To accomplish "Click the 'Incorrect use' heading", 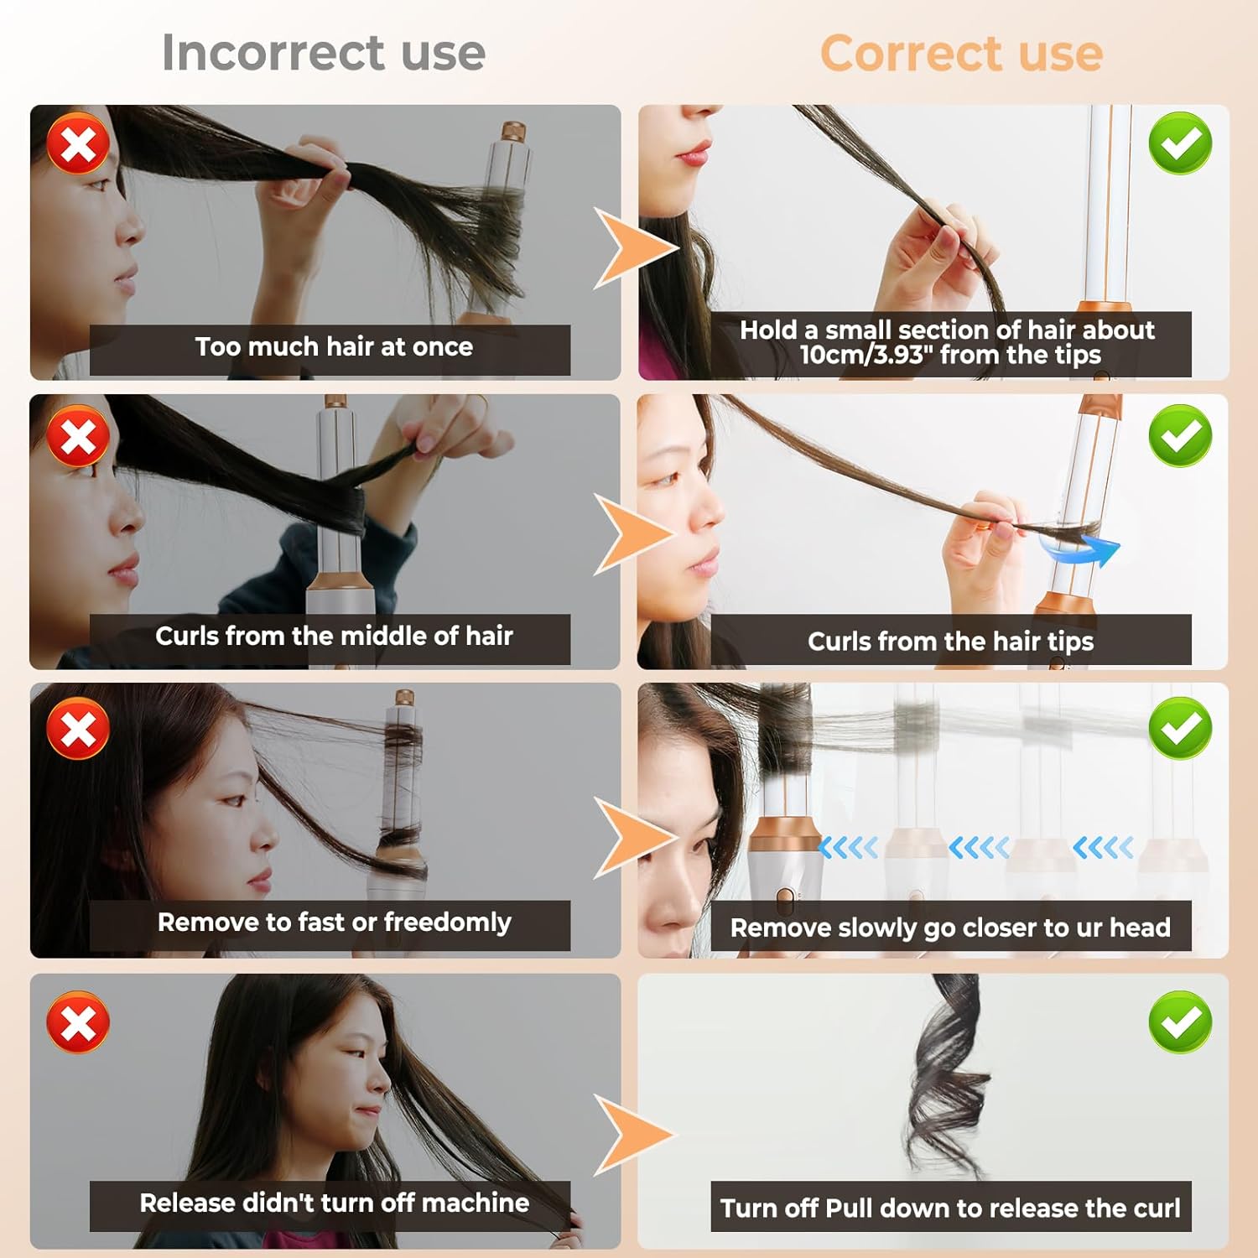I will click(x=324, y=52).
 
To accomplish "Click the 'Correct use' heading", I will click(x=961, y=53).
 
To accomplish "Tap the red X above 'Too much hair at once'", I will click(x=78, y=143).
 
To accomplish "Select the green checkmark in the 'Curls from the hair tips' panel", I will click(x=1180, y=435).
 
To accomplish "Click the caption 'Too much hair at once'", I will click(x=334, y=347).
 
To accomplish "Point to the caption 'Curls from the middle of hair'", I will click(x=334, y=637).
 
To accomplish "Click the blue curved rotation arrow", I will click(x=1082, y=550).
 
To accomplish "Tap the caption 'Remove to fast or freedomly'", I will click(x=334, y=923).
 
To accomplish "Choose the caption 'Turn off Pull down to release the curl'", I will click(x=950, y=1208).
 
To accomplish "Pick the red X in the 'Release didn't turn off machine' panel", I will click(x=78, y=1022).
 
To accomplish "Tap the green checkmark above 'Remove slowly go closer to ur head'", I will click(x=1180, y=727).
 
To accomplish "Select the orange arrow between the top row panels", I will click(x=631, y=248).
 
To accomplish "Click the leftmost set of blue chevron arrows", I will click(x=849, y=848).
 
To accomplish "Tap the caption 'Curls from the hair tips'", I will click(x=950, y=642).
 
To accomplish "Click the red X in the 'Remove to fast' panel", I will click(x=78, y=728).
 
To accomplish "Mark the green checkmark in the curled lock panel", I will click(x=1180, y=1021).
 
